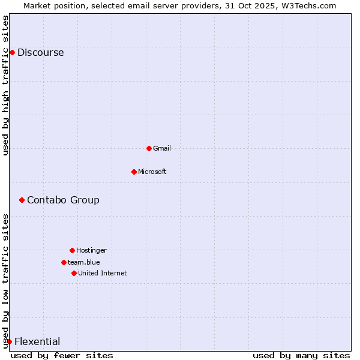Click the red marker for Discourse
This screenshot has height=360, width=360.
coord(12,52)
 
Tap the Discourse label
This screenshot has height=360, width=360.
coord(40,52)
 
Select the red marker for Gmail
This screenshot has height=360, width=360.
coord(149,148)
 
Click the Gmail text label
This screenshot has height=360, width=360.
coord(162,148)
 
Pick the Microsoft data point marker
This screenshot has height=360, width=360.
coord(134,172)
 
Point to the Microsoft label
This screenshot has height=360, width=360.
coord(152,172)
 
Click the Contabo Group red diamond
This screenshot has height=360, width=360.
coord(22,200)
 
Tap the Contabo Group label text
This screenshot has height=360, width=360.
coord(63,200)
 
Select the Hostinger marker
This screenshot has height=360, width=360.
coord(72,250)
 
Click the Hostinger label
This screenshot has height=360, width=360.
coord(91,250)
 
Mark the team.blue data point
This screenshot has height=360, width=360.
coord(64,262)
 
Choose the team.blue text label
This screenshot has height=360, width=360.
coord(83,262)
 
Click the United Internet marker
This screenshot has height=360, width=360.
coord(74,273)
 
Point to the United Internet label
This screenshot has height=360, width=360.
coord(102,273)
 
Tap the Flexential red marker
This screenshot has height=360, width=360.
coord(9,341)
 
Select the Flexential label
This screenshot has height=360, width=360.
coord(37,341)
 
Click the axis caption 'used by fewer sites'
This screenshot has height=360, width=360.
coord(62,355)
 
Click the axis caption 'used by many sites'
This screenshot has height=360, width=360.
coord(301,355)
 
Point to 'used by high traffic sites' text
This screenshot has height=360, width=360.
coord(6,85)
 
